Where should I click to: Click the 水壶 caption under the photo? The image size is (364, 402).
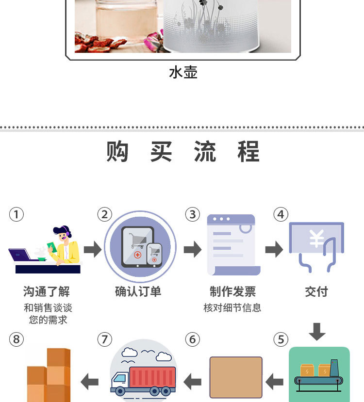coord(183,73)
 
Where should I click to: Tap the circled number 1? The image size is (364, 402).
coord(17,214)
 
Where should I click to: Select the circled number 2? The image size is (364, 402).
coord(104,214)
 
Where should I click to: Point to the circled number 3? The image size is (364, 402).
coord(193,214)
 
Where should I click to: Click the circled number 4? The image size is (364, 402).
coord(281,214)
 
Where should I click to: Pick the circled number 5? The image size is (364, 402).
coord(281,339)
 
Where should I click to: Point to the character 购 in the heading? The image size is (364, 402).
coord(118,151)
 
